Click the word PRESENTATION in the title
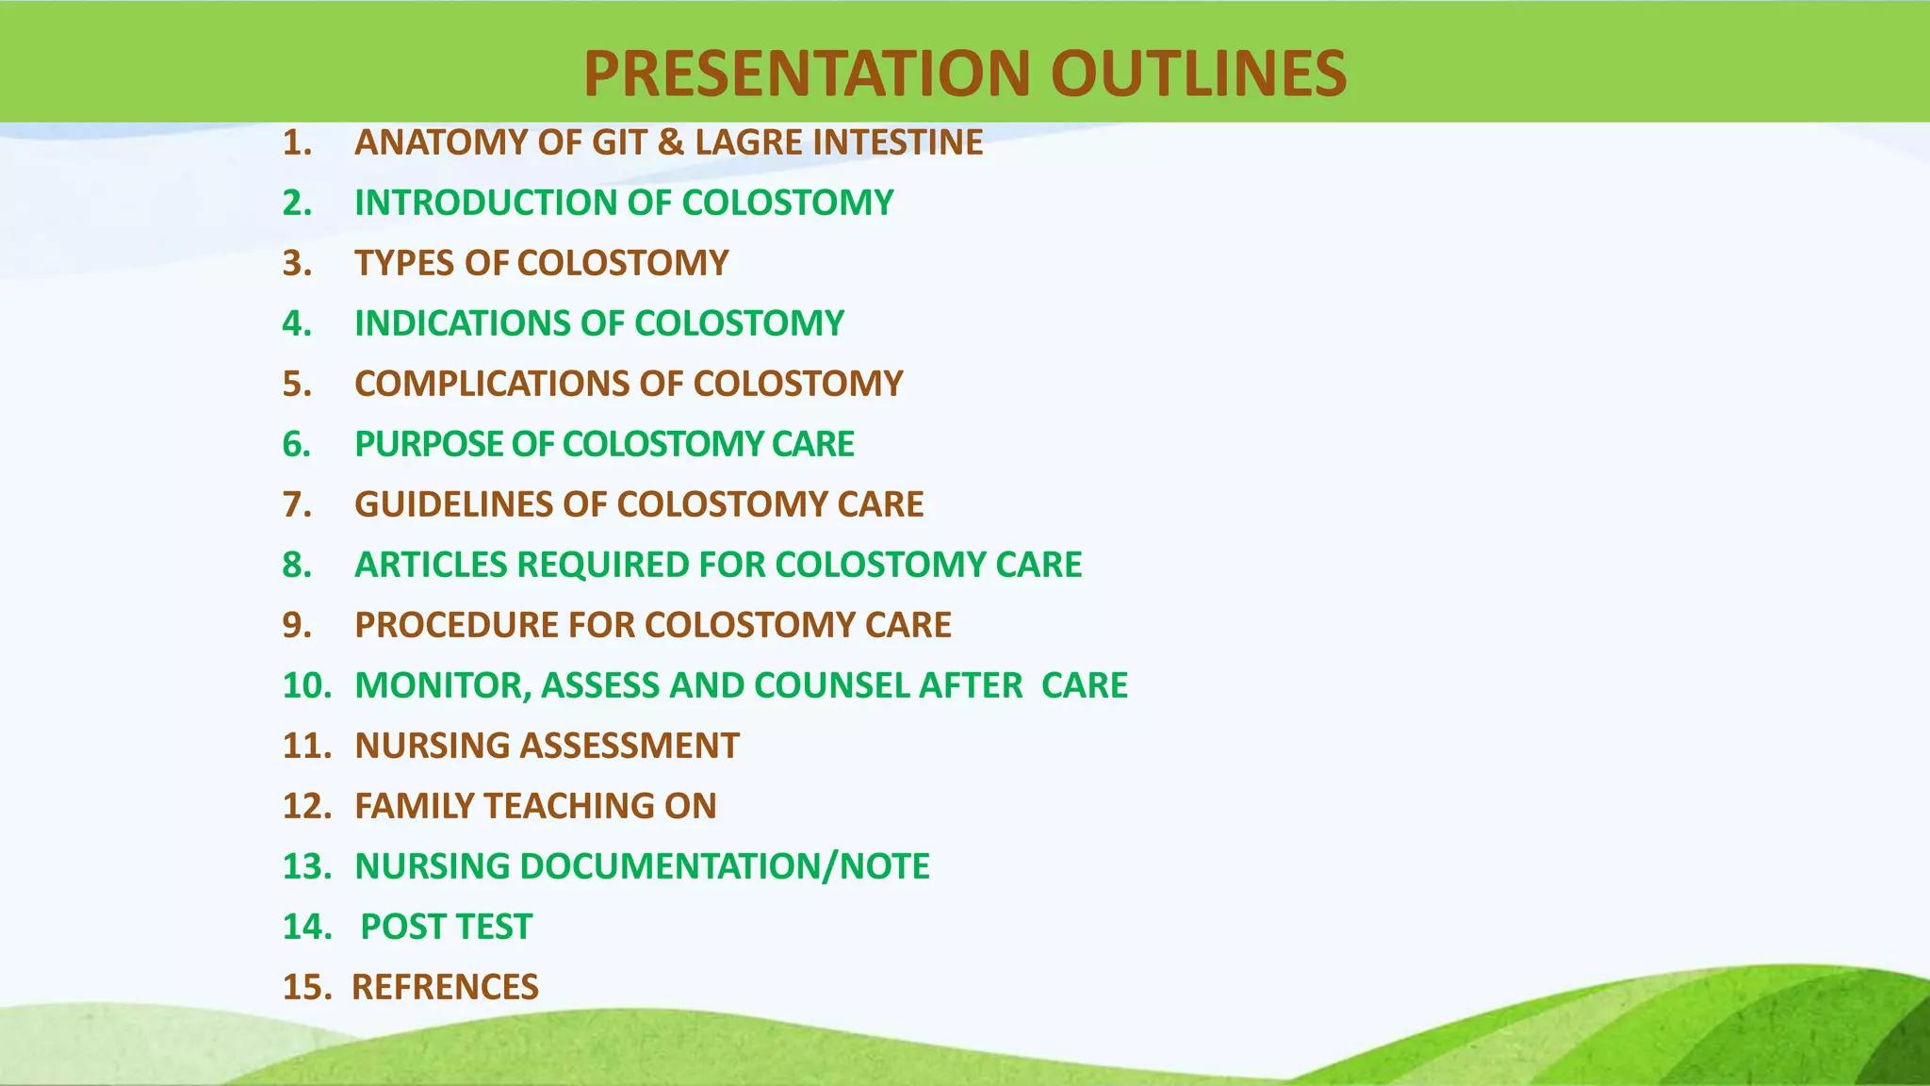[x=808, y=74]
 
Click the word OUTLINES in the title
[x=1199, y=74]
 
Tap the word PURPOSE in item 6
[x=428, y=444]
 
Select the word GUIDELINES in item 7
[x=453, y=504]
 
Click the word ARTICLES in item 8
[x=430, y=565]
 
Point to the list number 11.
[x=306, y=746]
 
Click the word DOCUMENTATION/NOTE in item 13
[x=724, y=866]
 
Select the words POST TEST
[x=446, y=927]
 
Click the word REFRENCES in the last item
[x=445, y=987]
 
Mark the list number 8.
[x=297, y=565]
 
